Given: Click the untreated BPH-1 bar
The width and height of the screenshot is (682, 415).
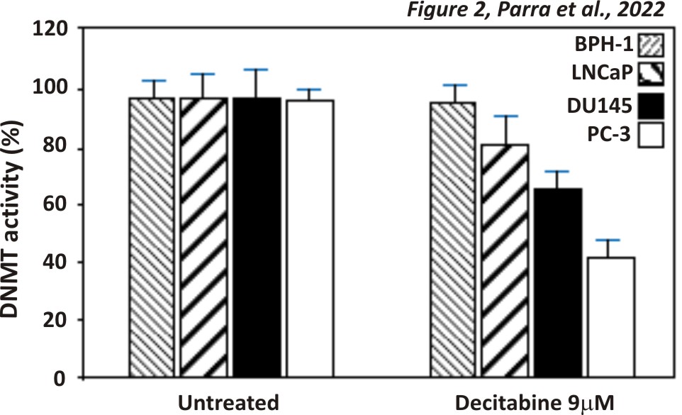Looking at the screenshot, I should [152, 237].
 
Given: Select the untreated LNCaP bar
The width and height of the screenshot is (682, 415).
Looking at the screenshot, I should [204, 237].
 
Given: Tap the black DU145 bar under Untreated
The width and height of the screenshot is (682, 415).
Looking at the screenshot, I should [256, 237].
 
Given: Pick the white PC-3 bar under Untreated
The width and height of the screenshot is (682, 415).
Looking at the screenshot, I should [308, 238].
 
